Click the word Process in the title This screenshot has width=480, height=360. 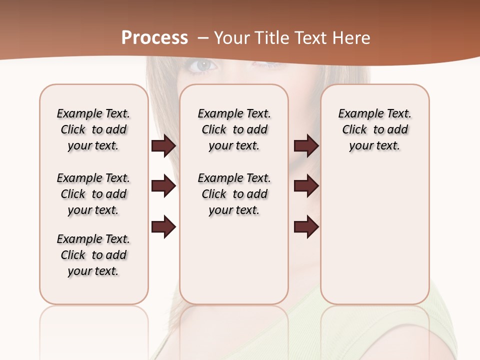[154, 38]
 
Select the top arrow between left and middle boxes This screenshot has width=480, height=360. [163, 146]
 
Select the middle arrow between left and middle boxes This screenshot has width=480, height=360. [163, 186]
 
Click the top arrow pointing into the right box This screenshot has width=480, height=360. [306, 146]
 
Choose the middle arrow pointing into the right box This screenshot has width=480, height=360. [306, 186]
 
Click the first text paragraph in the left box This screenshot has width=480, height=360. [93, 129]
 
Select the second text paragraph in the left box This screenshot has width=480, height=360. [93, 194]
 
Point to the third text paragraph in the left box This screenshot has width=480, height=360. [93, 255]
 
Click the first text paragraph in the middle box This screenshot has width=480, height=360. [234, 129]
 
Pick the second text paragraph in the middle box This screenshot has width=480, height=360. [234, 194]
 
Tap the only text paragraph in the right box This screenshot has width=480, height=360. [374, 129]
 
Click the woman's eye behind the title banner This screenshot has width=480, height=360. [204, 65]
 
